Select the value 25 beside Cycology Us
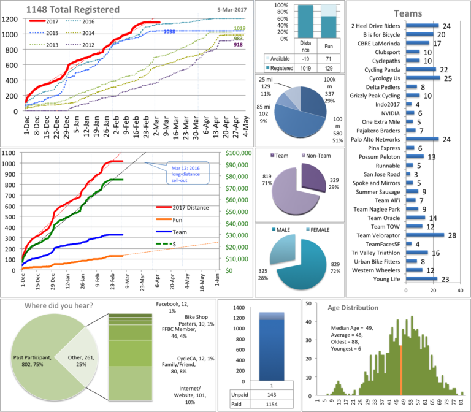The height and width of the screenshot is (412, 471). coord(447,78)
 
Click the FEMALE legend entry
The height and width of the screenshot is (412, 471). coord(321,231)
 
